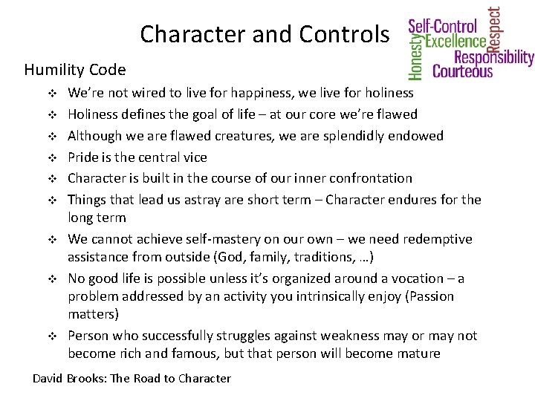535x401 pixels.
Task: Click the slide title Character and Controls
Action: tap(264, 34)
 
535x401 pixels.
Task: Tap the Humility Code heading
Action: tap(74, 71)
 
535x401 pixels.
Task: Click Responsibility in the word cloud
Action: tap(493, 57)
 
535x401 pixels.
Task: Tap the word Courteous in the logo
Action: tap(462, 71)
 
